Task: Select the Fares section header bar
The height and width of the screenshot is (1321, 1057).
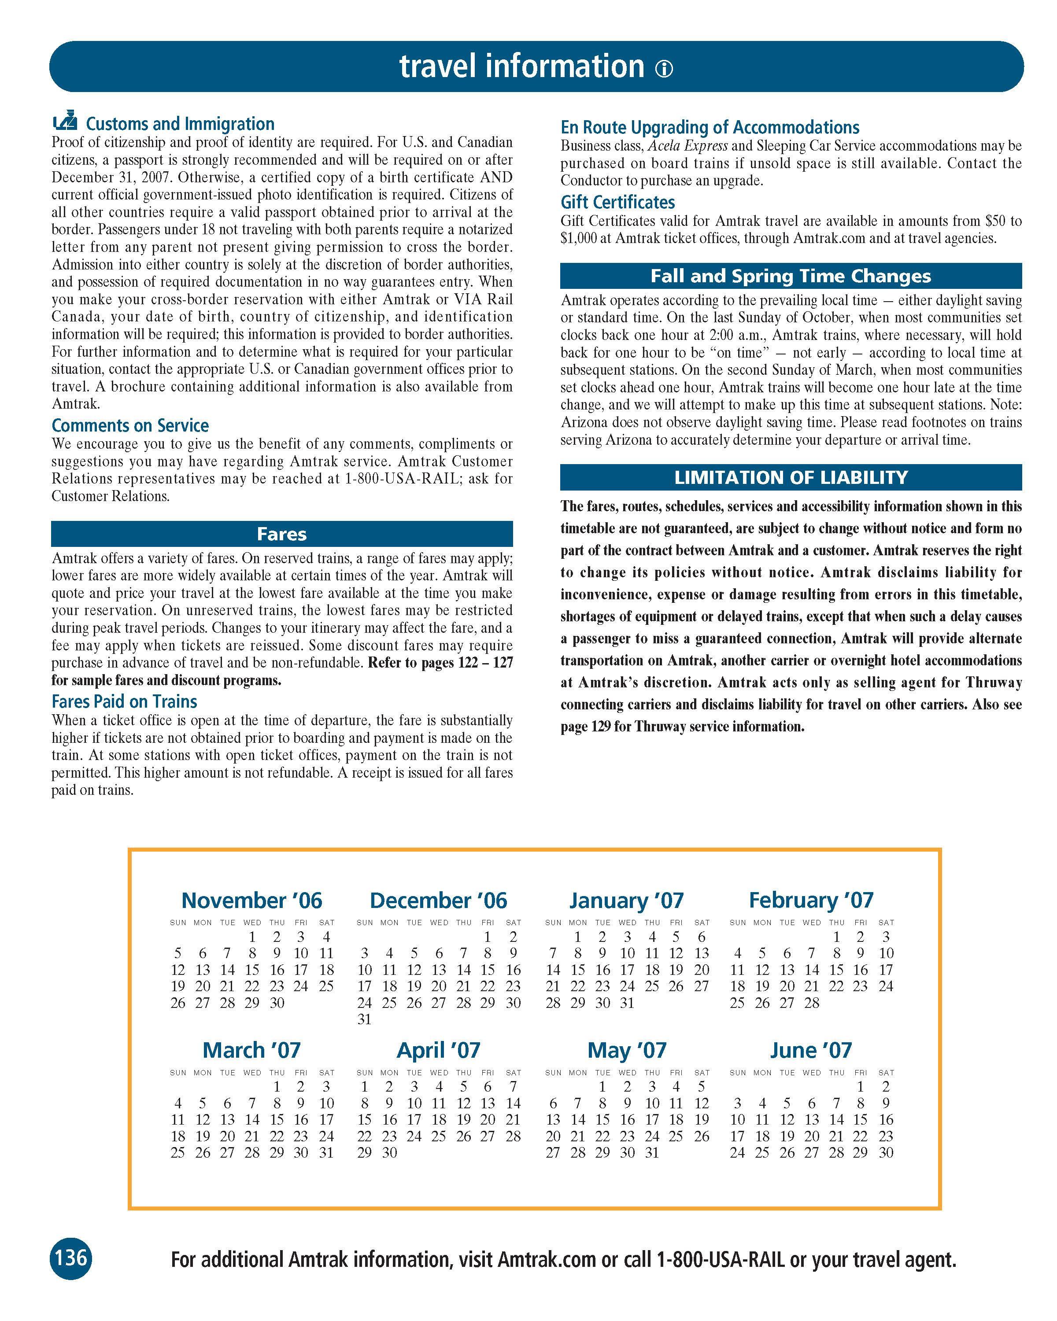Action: (282, 534)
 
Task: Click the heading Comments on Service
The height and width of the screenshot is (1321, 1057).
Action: (130, 425)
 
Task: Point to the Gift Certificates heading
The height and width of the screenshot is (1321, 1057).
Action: (617, 202)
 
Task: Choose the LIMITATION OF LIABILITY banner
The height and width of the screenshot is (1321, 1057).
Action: (791, 477)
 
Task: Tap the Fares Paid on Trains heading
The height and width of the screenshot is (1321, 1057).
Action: (124, 701)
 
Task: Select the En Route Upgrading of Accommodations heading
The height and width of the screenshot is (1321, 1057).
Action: (710, 127)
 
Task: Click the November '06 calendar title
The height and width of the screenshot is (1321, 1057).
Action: (252, 900)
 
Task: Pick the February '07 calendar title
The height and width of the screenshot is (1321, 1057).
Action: (811, 900)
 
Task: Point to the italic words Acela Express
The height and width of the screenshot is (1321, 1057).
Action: (688, 146)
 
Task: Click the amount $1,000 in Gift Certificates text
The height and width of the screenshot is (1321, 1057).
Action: (578, 238)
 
